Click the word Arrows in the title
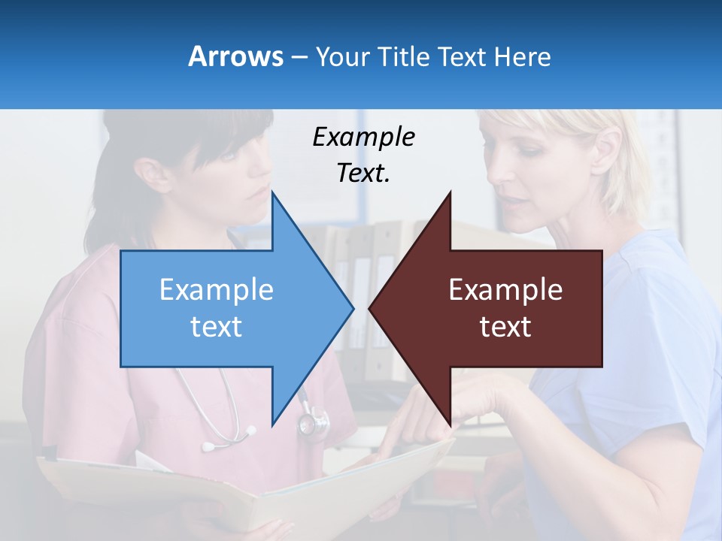pyautogui.click(x=235, y=56)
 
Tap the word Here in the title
pyautogui.click(x=521, y=57)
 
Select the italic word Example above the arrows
pyautogui.click(x=363, y=137)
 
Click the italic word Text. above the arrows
pyautogui.click(x=363, y=173)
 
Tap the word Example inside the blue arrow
pyautogui.click(x=217, y=289)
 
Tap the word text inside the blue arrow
pyautogui.click(x=217, y=326)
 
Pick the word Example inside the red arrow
pyautogui.click(x=505, y=289)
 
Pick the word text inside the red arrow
pyautogui.click(x=505, y=326)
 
